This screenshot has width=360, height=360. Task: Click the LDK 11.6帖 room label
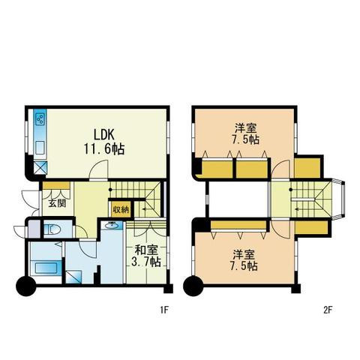104,142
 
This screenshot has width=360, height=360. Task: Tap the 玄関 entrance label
57,203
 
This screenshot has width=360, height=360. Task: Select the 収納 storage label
121,209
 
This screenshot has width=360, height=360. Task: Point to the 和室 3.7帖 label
146,256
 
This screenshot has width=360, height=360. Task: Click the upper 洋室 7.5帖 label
245,134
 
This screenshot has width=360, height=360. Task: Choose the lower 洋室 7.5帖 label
244,260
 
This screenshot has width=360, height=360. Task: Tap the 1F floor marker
165,310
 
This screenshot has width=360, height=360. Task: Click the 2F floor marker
328,310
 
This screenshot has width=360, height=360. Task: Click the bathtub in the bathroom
46,268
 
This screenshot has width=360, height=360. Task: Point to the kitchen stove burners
40,119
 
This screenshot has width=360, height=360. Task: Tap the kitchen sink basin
40,148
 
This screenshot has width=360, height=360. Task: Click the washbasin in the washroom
112,225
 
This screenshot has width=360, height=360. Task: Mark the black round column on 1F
26,286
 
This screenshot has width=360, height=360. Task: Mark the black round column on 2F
193,286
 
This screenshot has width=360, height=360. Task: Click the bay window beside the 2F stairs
339,199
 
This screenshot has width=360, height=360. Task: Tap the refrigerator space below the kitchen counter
40,167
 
